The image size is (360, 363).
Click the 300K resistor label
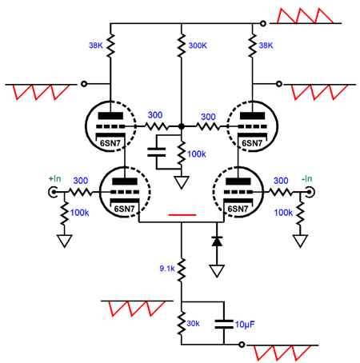(198, 46)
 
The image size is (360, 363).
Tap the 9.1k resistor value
(167, 269)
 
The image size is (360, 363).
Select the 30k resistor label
(193, 324)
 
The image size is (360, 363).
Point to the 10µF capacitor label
(245, 325)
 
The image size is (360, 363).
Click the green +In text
(54, 178)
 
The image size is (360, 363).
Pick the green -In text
(307, 178)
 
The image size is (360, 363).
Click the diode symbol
(217, 241)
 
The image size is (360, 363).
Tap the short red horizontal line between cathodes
(182, 214)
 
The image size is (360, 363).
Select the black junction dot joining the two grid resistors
(182, 126)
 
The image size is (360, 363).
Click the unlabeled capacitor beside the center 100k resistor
(157, 152)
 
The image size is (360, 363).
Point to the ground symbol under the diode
(217, 271)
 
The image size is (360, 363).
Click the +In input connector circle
(53, 192)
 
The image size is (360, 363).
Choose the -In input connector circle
(310, 192)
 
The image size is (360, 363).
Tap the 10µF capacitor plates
(224, 324)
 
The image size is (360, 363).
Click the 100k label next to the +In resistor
(79, 213)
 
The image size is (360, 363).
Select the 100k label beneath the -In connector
(283, 213)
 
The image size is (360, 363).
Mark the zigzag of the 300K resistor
(182, 45)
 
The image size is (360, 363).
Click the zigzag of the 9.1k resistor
(182, 269)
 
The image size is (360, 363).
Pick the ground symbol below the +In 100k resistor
(64, 241)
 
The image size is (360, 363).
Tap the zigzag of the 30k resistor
(182, 324)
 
